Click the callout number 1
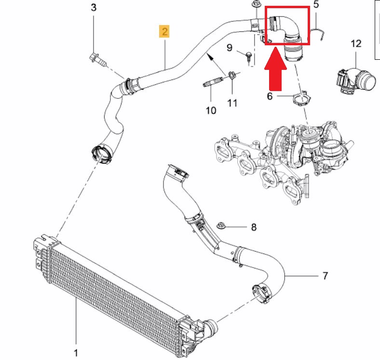point(76,353)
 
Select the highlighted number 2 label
point(165,32)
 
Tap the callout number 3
point(94,8)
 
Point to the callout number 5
point(316,5)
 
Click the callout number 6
point(270,96)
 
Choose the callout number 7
point(325,276)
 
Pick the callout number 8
point(254,227)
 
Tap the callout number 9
point(230,48)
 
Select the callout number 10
point(211,110)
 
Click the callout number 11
point(232,103)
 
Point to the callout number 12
point(355,44)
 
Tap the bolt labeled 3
point(95,58)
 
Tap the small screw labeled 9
point(248,57)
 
